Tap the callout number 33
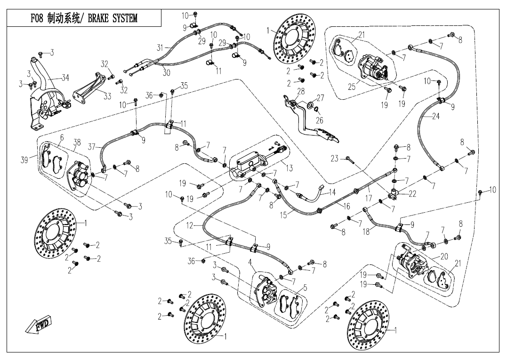pos(107,96)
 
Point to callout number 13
pos(289,168)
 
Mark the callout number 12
pos(189,226)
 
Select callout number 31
pos(160,48)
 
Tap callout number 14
pos(332,192)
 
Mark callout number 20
pos(444,256)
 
